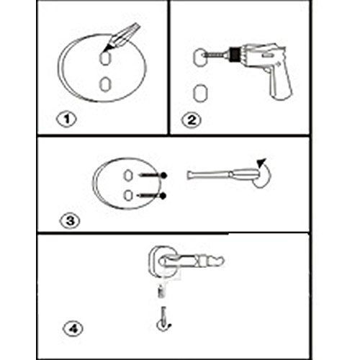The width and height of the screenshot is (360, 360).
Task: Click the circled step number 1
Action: (66, 120)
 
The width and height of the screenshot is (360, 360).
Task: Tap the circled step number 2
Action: (192, 120)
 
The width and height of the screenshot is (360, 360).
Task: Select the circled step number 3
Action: (70, 221)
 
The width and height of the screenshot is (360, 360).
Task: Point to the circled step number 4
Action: (73, 328)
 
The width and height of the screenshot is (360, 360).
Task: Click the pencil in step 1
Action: (121, 37)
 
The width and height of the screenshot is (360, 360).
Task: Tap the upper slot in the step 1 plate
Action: (105, 58)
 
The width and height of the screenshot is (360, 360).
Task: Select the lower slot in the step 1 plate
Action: (105, 84)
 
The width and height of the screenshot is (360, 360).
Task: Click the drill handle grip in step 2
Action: (279, 83)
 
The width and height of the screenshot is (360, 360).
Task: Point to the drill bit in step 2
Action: (215, 55)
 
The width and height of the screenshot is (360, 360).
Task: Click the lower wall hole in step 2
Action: (200, 93)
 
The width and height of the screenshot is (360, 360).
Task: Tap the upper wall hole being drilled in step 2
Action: (199, 58)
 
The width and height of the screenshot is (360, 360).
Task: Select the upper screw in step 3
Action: (153, 175)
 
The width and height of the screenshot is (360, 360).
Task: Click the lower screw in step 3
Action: (152, 196)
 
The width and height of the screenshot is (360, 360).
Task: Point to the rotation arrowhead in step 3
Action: (261, 162)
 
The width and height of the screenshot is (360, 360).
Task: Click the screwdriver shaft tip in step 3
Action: (189, 175)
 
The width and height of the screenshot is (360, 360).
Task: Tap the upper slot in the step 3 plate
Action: (128, 176)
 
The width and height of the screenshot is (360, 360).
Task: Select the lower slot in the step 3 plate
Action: (128, 195)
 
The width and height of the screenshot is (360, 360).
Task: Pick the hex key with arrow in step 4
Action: (163, 318)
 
